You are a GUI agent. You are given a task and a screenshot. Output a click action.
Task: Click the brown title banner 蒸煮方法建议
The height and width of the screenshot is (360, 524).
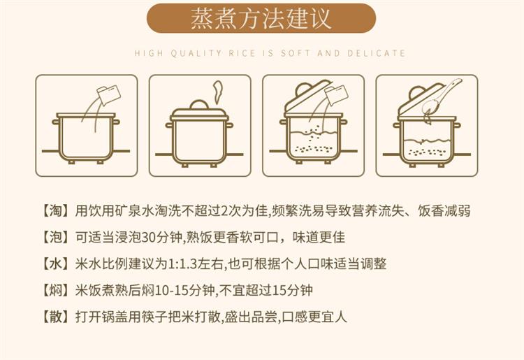click(x=261, y=18)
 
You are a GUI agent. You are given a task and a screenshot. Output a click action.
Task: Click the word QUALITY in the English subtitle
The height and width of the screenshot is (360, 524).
click(x=196, y=54)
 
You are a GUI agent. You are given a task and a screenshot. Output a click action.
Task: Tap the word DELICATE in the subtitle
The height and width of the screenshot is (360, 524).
click(x=377, y=54)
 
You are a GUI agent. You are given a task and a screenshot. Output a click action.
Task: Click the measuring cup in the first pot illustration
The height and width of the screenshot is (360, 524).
click(x=108, y=94)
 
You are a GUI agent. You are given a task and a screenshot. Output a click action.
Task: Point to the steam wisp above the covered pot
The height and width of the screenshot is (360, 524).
click(x=217, y=92)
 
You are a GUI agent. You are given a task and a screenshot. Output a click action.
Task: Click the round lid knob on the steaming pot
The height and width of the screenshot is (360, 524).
click(x=199, y=105)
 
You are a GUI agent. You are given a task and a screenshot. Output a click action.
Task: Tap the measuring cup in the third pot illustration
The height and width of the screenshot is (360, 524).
click(x=337, y=94)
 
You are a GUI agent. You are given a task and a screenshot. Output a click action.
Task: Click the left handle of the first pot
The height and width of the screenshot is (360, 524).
click(x=56, y=122)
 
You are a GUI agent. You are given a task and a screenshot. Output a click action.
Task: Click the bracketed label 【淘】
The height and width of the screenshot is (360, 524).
click(x=55, y=210)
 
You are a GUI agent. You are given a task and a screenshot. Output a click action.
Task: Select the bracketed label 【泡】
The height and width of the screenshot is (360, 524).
click(x=55, y=237)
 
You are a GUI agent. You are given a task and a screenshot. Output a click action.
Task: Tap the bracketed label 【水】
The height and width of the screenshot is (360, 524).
click(x=55, y=264)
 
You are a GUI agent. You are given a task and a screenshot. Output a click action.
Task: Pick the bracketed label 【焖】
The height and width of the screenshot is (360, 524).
click(x=55, y=290)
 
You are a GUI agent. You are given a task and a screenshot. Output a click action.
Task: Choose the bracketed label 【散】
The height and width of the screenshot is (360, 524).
click(x=55, y=316)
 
